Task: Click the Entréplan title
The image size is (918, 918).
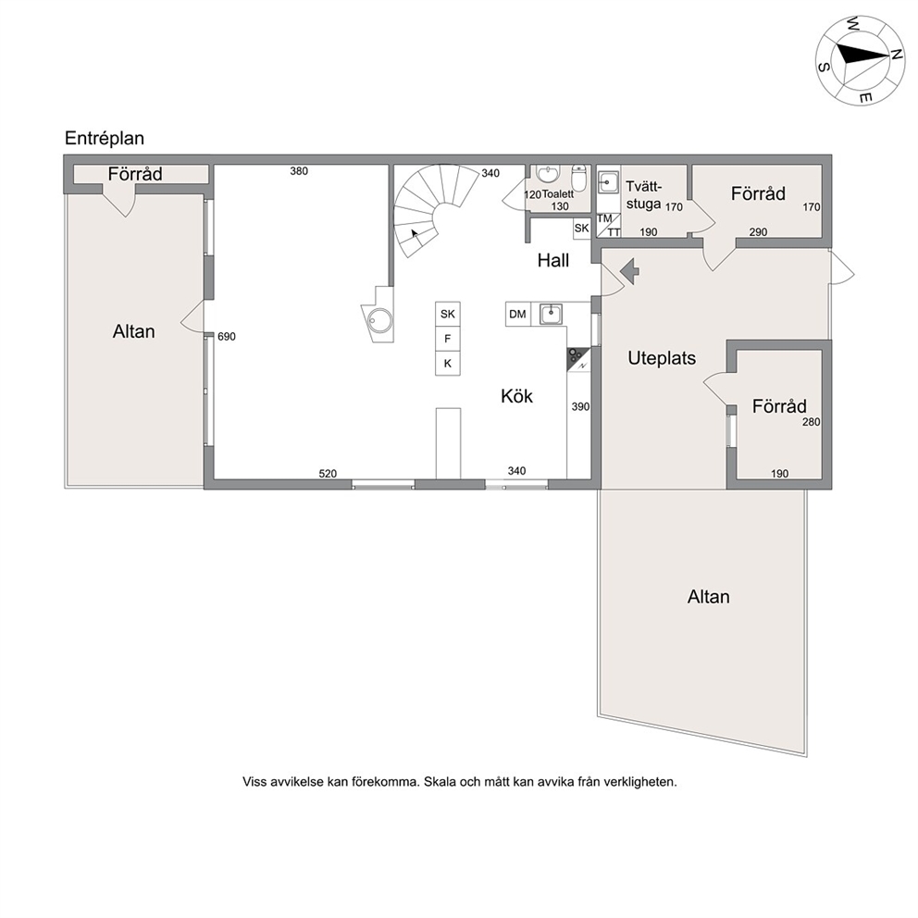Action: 105,139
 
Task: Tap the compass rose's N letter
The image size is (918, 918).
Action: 896,54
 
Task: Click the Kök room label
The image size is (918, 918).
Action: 517,396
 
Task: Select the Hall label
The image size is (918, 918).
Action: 553,261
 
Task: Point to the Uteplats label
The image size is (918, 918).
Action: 662,358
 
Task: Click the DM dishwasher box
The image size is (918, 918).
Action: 517,315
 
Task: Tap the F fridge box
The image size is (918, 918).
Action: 448,339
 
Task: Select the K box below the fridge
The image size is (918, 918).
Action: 448,364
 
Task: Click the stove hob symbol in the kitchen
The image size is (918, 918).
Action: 578,359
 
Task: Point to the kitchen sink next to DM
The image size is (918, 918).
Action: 551,315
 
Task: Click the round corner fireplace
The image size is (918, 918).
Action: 379,319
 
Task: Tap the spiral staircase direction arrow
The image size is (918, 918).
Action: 416,235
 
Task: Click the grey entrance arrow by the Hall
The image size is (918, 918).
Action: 629,271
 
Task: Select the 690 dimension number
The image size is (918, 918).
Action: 227,337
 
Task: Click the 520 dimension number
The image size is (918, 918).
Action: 328,474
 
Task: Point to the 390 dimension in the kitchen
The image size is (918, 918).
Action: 580,407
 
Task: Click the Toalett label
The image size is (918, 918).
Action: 558,193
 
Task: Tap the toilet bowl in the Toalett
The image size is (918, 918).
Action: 578,179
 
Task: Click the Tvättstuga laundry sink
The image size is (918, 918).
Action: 608,182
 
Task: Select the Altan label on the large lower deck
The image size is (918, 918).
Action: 709,597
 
